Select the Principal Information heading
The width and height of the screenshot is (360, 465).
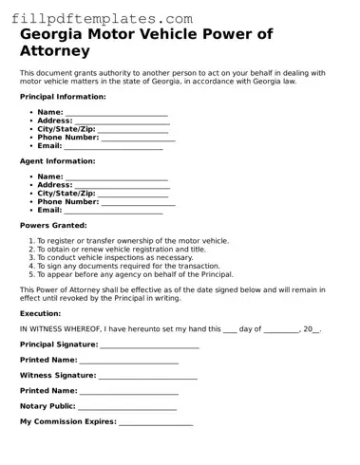click(63, 97)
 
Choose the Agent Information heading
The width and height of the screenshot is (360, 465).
click(56, 161)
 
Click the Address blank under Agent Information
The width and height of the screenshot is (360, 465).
click(123, 185)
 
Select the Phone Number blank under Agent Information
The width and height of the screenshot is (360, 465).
click(138, 202)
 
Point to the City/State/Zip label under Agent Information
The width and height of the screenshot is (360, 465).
click(66, 194)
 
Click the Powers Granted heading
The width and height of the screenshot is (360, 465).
click(53, 226)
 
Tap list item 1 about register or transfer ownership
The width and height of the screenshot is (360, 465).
click(132, 241)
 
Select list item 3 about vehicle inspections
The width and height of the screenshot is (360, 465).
click(114, 257)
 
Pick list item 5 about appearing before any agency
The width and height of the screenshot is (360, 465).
click(135, 274)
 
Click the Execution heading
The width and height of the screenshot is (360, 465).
click(40, 313)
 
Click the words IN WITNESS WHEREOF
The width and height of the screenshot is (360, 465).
click(60, 329)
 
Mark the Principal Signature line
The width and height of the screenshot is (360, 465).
click(149, 345)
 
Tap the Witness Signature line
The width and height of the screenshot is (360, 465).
click(147, 376)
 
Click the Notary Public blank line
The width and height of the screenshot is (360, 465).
click(127, 406)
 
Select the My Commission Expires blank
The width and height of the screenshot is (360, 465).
click(156, 421)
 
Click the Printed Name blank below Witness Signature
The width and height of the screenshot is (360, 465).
click(129, 391)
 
